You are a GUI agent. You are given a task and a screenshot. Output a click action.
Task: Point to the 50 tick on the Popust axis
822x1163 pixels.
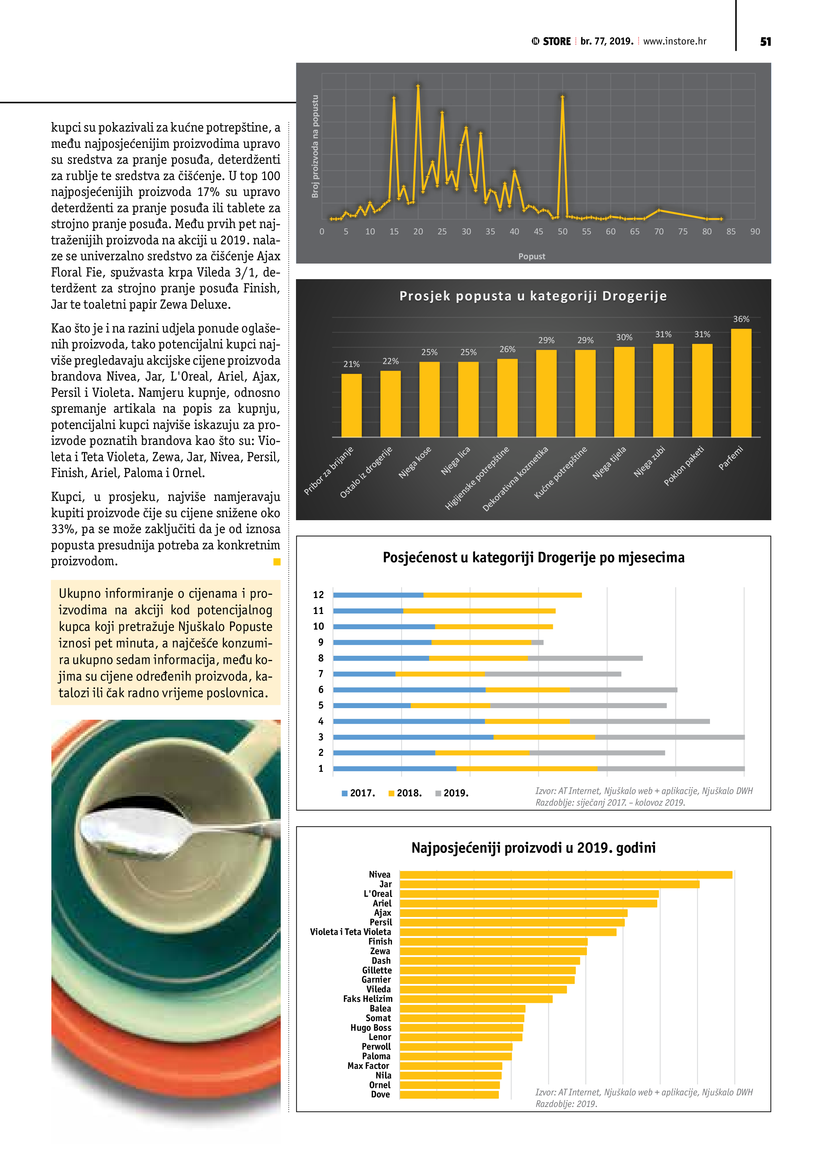(x=562, y=231)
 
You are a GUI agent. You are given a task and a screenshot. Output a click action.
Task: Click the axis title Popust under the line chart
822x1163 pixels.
(x=532, y=256)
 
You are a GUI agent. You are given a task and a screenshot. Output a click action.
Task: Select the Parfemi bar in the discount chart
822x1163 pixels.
(x=741, y=383)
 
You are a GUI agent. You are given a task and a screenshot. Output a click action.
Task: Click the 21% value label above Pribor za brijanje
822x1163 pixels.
(x=351, y=364)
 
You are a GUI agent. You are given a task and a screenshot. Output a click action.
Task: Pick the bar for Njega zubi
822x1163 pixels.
(x=663, y=390)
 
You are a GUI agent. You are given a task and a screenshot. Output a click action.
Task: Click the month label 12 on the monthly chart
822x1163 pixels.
(x=318, y=595)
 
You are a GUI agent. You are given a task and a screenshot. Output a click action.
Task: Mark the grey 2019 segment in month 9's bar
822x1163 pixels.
(x=537, y=642)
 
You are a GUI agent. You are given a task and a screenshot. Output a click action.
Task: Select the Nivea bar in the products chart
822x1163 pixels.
(x=566, y=875)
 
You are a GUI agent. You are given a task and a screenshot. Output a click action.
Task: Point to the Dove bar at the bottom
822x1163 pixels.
(x=449, y=1095)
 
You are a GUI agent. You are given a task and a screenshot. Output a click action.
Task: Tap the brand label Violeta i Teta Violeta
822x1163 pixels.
(x=350, y=932)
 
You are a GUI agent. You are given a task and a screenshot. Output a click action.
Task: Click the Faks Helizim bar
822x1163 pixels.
(x=476, y=999)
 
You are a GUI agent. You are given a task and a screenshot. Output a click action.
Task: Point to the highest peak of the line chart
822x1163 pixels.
(x=418, y=86)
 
